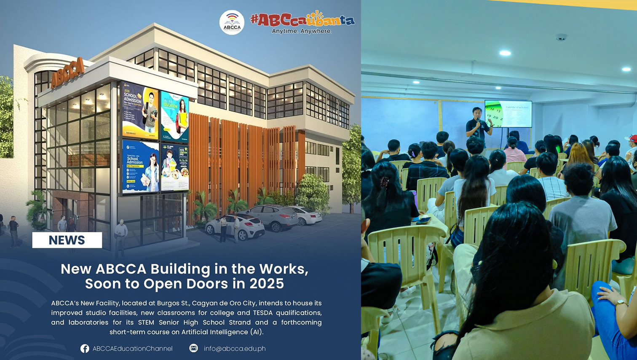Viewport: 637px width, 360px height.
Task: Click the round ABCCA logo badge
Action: coord(232,22)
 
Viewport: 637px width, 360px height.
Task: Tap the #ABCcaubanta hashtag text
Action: coord(302,19)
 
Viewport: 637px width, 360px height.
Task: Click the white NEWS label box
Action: coord(67,240)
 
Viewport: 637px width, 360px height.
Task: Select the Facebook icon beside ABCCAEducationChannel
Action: coord(85,349)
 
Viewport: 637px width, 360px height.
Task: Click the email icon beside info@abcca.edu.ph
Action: coord(193,348)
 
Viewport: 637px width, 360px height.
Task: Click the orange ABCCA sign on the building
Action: coord(67,73)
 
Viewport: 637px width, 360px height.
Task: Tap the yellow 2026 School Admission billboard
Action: coord(140,111)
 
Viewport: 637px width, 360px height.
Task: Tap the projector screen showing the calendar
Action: coord(509,113)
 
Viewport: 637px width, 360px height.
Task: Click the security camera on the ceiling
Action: coord(561,38)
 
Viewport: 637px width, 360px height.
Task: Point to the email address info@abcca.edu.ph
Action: coord(235,349)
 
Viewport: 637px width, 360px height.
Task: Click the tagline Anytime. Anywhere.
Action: coord(302,31)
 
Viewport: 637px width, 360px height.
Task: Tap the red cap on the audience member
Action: coord(632,138)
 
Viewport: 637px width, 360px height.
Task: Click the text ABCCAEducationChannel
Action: coord(132,349)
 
